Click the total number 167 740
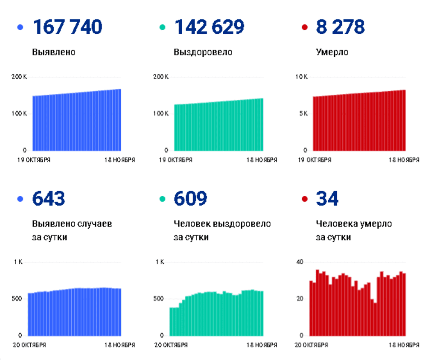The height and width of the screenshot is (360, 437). coord(68,27)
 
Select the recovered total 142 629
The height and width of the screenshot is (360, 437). coord(209,27)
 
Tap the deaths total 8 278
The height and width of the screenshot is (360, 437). coord(340,27)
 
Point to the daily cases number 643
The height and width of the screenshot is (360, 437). coord(49,199)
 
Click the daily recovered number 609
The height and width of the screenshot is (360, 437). coord(191,199)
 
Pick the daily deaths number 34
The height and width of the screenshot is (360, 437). coord(327,199)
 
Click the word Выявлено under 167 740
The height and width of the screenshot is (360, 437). coord(54,52)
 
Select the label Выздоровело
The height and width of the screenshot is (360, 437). coord(203,52)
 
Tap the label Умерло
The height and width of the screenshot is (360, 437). coord(332,52)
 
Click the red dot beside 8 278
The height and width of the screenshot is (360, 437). coord(305,27)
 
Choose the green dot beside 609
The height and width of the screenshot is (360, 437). coord(163,199)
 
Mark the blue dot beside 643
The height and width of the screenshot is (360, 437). coord(20,199)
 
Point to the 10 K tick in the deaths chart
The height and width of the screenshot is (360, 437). coord(301,77)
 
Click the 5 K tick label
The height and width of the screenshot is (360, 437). coord(303,113)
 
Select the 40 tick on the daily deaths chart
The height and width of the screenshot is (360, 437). coord(300,262)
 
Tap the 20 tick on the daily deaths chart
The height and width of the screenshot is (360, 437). coord(300,299)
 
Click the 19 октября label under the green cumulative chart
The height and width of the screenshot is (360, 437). coord(175,160)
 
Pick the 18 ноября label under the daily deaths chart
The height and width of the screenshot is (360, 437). coord(404,345)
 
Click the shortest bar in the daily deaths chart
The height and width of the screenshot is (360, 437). coord(376,319)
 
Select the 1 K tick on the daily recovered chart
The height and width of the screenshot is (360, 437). coord(160,262)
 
